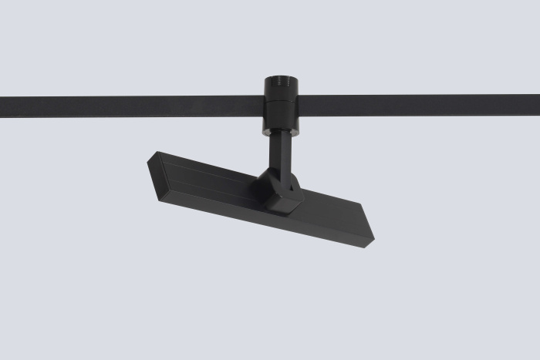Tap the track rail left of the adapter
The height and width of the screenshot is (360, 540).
click(x=131, y=105)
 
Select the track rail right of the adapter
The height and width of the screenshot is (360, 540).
click(x=417, y=105)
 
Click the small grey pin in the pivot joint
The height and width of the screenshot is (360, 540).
click(x=291, y=184)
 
